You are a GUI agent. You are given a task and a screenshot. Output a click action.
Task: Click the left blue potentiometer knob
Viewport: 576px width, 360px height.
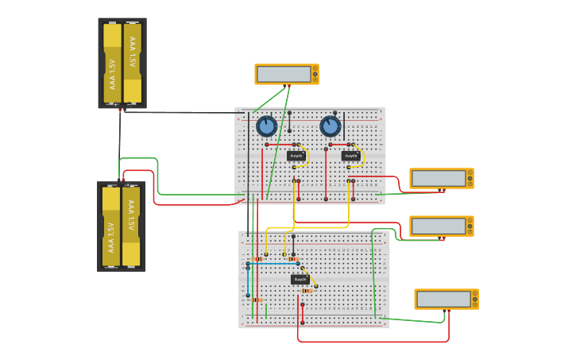pyautogui.click(x=266, y=126)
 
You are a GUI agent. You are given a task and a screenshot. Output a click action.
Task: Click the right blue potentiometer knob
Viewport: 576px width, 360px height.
pyautogui.click(x=330, y=126)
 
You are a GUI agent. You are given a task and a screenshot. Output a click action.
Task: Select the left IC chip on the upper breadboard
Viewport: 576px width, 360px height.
pyautogui.click(x=296, y=156)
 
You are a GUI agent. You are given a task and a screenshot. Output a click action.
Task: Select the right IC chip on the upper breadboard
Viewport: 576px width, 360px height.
pyautogui.click(x=350, y=156)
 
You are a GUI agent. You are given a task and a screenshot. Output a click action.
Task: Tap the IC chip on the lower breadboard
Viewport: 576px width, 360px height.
pyautogui.click(x=300, y=279)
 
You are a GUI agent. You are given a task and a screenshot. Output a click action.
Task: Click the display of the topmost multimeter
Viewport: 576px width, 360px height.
pyautogui.click(x=283, y=74)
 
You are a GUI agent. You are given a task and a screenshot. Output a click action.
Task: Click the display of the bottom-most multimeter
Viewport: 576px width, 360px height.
pyautogui.click(x=443, y=299)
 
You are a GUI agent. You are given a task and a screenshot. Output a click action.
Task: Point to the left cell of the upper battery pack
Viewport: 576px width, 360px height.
pyautogui.click(x=112, y=64)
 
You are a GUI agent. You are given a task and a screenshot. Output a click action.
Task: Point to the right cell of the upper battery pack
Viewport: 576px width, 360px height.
pyautogui.click(x=133, y=64)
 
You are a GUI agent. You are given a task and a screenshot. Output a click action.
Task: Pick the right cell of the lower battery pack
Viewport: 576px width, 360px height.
pyautogui.click(x=131, y=226)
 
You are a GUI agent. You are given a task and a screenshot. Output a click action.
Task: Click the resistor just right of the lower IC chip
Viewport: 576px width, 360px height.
pyautogui.click(x=307, y=290)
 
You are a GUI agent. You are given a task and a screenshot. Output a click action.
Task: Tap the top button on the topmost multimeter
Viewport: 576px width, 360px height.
pyautogui.click(x=315, y=68)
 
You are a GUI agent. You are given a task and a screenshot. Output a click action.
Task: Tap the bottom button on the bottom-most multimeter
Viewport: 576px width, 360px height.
pyautogui.click(x=475, y=304)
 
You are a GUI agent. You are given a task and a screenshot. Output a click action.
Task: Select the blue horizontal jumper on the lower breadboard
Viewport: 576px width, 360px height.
pyautogui.click(x=274, y=263)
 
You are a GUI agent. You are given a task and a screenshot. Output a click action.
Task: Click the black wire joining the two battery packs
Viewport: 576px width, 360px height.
pyautogui.click(x=120, y=147)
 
